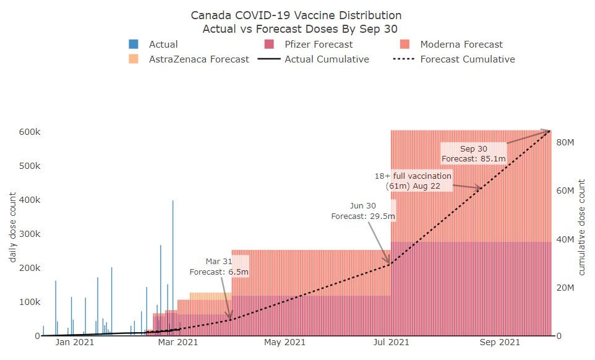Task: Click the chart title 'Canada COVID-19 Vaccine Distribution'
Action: (296, 15)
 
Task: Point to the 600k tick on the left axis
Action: (29, 132)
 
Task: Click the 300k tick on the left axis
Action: (29, 234)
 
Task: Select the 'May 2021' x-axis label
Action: (285, 342)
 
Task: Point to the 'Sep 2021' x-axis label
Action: (500, 342)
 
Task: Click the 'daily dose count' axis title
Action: (12, 227)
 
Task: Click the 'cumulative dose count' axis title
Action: (581, 227)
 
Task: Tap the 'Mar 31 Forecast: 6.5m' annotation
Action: (219, 267)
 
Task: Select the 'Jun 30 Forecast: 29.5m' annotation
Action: (363, 211)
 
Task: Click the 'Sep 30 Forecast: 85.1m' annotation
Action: (474, 154)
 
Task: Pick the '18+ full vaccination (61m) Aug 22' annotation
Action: (413, 181)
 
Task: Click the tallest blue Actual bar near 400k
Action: (173, 266)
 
